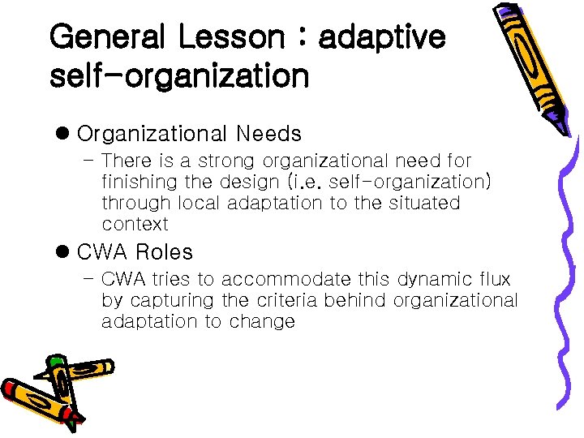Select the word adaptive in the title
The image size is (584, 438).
point(382,37)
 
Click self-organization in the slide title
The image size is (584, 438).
point(179,76)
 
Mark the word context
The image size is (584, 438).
point(135,224)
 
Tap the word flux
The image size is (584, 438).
point(494,280)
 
